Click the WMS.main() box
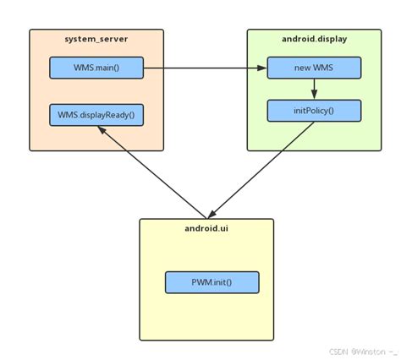click(x=96, y=68)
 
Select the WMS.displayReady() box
click(x=96, y=114)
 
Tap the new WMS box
click(x=314, y=68)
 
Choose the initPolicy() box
click(x=314, y=110)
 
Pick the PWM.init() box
click(x=211, y=282)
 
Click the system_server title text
click(x=96, y=40)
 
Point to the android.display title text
click(x=314, y=40)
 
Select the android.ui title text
click(x=206, y=229)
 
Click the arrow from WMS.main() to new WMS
click(x=203, y=68)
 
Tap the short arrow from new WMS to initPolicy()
click(x=314, y=89)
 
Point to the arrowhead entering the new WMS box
click(x=261, y=68)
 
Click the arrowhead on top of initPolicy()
click(x=314, y=95)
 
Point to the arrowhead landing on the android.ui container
click(x=211, y=215)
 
